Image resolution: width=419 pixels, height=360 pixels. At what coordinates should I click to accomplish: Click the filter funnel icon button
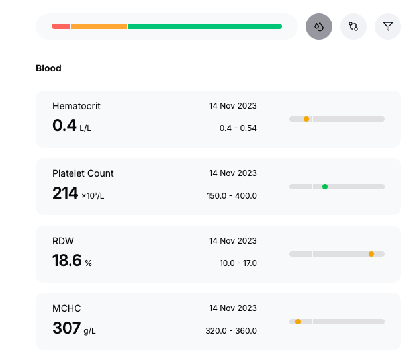(x=388, y=26)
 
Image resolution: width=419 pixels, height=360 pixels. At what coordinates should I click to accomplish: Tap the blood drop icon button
(x=319, y=26)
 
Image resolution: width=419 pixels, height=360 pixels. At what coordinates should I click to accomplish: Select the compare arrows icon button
(x=353, y=26)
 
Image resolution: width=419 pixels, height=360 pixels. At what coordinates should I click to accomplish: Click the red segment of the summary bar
(x=61, y=26)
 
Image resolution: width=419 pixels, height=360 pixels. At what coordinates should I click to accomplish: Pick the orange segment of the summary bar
(x=99, y=26)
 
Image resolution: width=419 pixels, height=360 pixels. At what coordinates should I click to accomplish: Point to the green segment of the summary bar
(x=205, y=26)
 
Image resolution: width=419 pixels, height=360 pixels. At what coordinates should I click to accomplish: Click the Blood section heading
(x=48, y=68)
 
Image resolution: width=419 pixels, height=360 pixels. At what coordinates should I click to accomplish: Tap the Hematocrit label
(x=76, y=106)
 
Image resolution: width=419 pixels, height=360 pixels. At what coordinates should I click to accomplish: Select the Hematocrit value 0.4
(x=64, y=125)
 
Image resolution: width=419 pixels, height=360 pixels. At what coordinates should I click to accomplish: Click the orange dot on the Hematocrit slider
(x=306, y=119)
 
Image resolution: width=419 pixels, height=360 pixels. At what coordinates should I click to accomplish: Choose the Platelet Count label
(x=83, y=173)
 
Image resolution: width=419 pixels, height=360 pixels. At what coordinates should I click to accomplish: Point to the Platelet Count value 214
(x=66, y=193)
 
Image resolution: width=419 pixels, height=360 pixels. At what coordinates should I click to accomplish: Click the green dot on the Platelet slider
(x=325, y=187)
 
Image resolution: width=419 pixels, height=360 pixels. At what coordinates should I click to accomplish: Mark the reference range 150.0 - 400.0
(x=232, y=196)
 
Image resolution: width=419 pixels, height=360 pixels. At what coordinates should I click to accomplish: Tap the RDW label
(x=63, y=241)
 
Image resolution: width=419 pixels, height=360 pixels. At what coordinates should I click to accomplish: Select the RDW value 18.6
(x=67, y=260)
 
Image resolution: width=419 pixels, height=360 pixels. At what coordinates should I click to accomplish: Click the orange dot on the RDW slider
(x=371, y=254)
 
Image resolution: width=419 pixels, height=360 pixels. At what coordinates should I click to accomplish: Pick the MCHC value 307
(x=67, y=328)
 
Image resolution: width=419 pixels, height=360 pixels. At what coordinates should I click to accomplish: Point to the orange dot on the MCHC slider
(x=298, y=322)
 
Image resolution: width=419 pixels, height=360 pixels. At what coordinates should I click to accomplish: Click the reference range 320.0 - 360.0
(x=231, y=331)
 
